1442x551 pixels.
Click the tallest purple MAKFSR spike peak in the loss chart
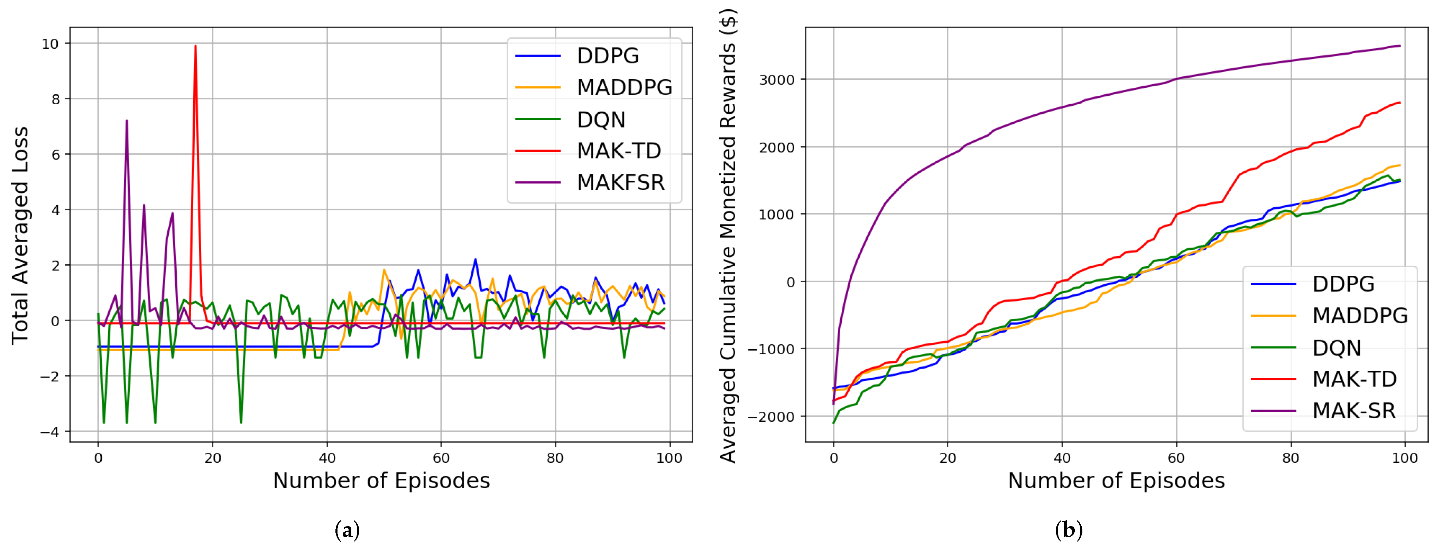pyautogui.click(x=127, y=121)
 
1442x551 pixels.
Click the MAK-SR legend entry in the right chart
pyautogui.click(x=1353, y=411)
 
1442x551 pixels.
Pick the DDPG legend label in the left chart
pyautogui.click(x=607, y=56)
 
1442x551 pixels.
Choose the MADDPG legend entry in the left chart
pyautogui.click(x=624, y=88)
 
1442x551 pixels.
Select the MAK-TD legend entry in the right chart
pyautogui.click(x=1354, y=379)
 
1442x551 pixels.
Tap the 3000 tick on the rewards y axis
pyautogui.click(x=776, y=80)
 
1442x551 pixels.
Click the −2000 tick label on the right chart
pyautogui.click(x=771, y=417)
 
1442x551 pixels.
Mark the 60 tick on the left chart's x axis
pyautogui.click(x=441, y=458)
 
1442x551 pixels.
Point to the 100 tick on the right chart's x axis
pyautogui.click(x=1405, y=458)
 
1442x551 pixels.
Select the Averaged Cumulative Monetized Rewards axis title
pyautogui.click(x=728, y=235)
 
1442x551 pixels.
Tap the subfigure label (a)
pyautogui.click(x=347, y=530)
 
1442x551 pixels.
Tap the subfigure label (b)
pyautogui.click(x=1068, y=530)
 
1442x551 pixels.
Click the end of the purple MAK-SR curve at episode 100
pyautogui.click(x=1399, y=46)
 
